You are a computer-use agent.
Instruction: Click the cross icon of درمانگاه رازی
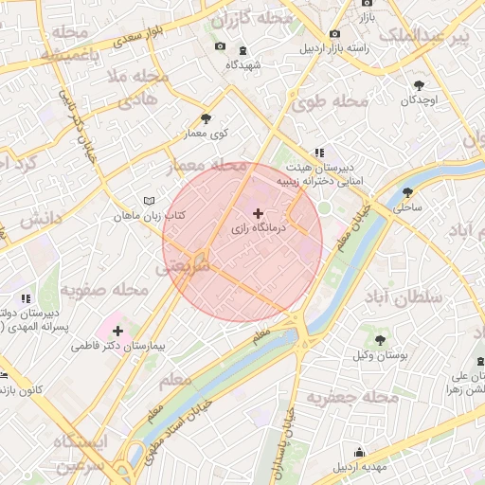click(259, 214)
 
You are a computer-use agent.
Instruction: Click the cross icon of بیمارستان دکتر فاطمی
click(117, 331)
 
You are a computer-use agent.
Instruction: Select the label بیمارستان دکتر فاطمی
click(118, 346)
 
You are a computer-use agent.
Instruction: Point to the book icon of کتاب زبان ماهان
click(146, 201)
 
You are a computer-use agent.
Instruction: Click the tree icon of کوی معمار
click(206, 118)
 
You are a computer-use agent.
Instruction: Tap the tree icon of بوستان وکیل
click(381, 339)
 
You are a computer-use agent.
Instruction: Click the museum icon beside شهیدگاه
click(244, 49)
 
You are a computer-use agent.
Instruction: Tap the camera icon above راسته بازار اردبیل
click(334, 34)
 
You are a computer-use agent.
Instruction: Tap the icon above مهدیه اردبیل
click(358, 452)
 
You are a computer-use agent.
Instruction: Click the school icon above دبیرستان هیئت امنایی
click(320, 152)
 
